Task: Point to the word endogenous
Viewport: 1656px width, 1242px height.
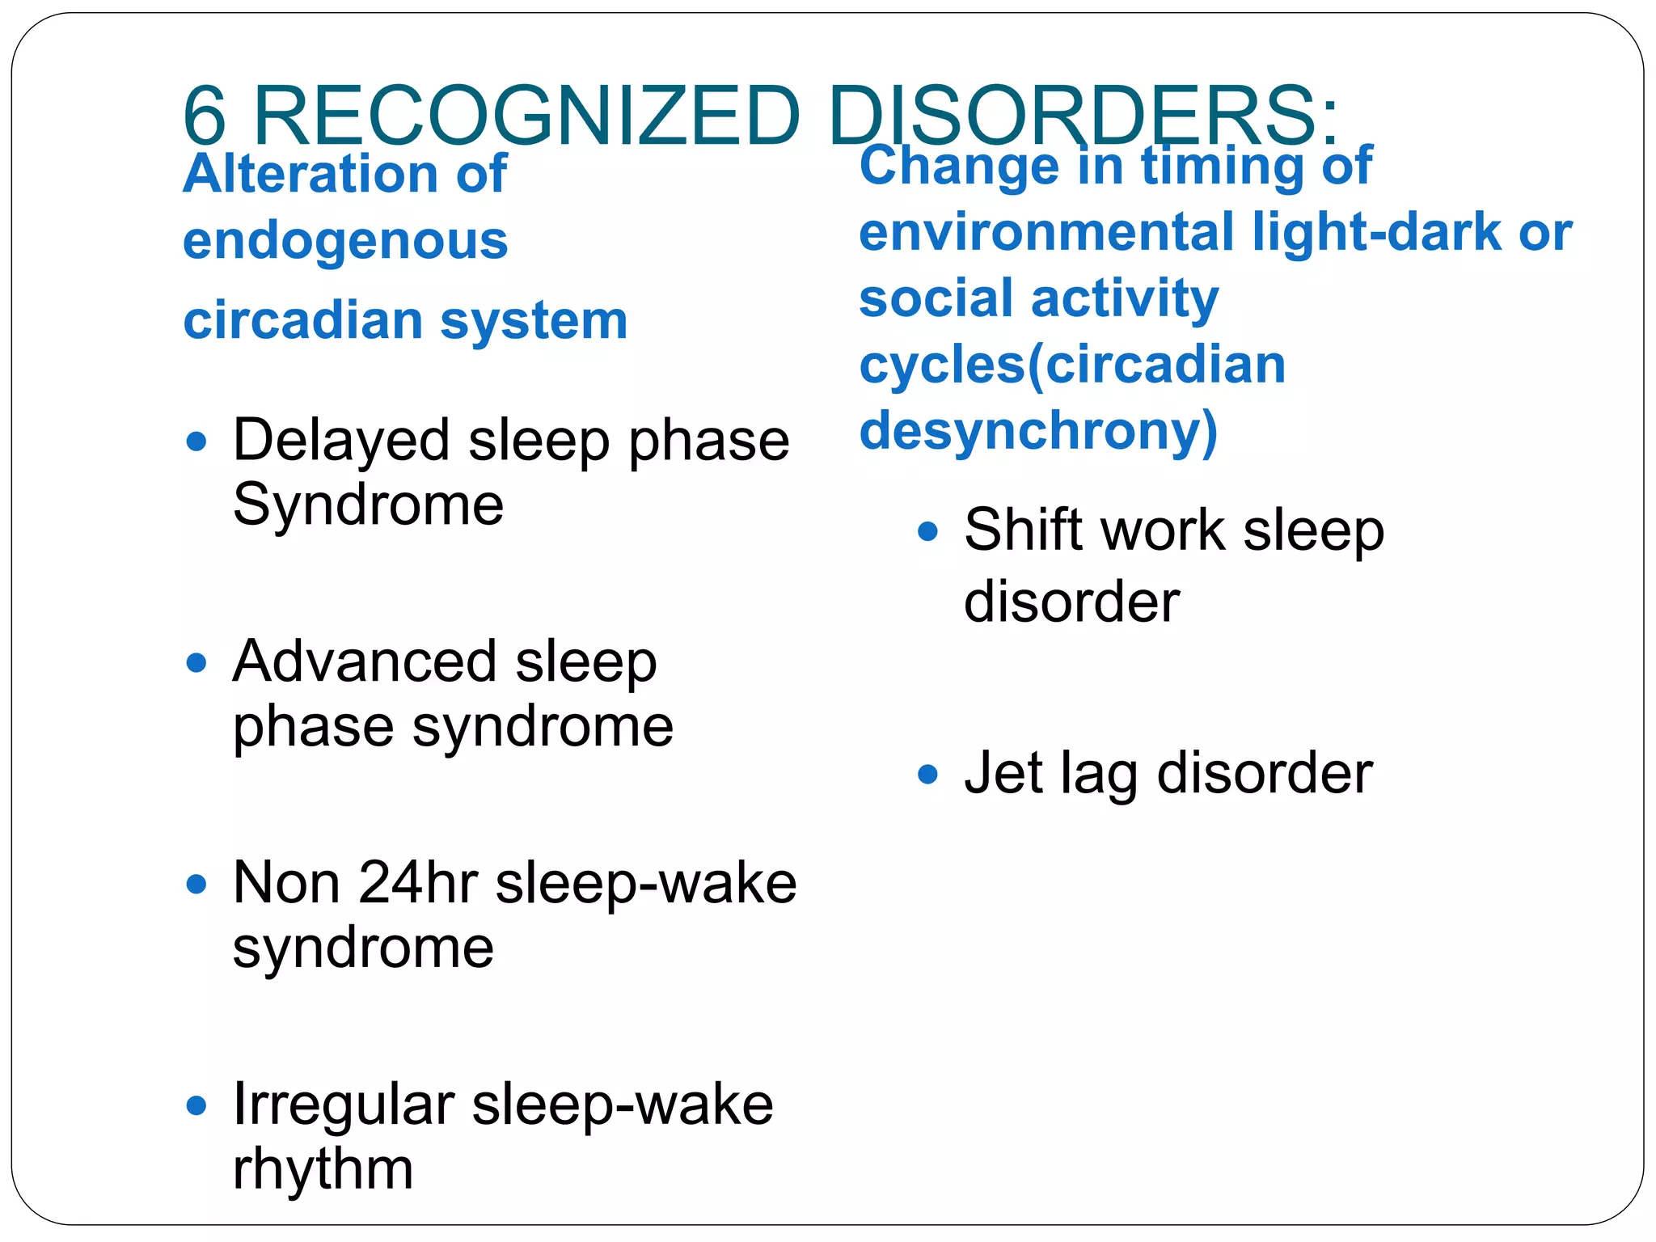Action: (x=345, y=242)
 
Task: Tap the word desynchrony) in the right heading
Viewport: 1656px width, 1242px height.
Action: (x=1038, y=431)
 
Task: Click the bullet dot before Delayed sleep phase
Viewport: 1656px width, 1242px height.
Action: (x=196, y=441)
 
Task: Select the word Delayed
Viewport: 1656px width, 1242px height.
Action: (x=340, y=441)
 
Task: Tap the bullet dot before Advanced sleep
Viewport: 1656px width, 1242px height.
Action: (x=196, y=663)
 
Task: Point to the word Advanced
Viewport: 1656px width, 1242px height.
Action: (x=364, y=662)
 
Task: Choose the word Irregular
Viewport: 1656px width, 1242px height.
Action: (x=343, y=1105)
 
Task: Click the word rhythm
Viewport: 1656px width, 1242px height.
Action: (x=323, y=1170)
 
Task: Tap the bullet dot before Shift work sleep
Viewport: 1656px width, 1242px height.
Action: (x=927, y=531)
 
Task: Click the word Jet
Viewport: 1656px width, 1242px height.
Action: (x=1003, y=774)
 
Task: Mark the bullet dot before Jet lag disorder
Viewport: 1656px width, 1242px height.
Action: (x=927, y=775)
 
